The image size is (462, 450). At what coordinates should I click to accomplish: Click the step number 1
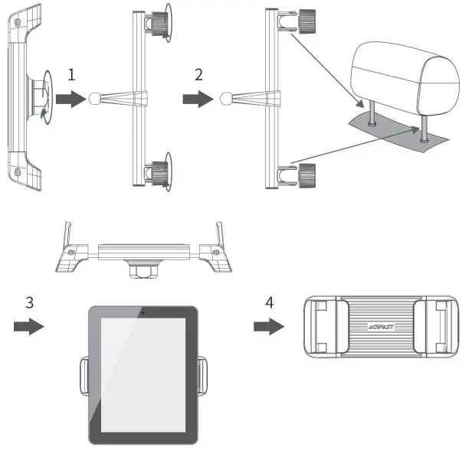pos(70,74)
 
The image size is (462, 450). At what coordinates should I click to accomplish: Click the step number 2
pos(198,74)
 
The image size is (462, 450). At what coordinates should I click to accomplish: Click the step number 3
pos(29,302)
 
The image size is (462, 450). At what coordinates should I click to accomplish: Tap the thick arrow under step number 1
pos(70,98)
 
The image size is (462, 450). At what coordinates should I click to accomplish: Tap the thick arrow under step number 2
pos(198,98)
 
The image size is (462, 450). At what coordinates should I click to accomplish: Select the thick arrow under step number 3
pos(29,327)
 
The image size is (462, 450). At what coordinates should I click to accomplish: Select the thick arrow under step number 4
pos(267,327)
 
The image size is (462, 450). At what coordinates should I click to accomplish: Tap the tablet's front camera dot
pos(143,312)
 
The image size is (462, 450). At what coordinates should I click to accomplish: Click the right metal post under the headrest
pos(422,132)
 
